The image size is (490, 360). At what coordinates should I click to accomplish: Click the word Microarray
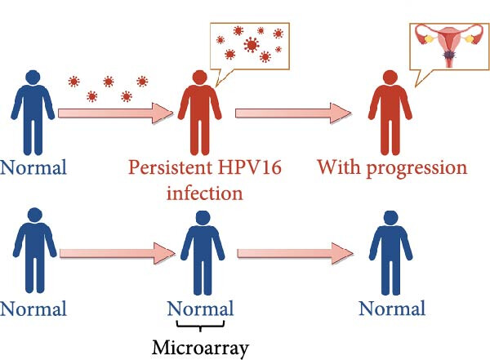(200, 348)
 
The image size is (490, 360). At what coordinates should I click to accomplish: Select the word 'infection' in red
(205, 193)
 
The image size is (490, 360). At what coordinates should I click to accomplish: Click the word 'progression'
(416, 168)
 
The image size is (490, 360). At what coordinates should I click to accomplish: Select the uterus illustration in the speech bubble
(448, 46)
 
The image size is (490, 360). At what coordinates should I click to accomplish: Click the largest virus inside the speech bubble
(252, 44)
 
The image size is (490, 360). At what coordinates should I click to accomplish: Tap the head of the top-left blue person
(33, 78)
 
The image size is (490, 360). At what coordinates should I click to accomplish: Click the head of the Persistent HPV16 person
(200, 78)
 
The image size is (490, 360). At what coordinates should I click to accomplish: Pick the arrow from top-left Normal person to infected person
(116, 113)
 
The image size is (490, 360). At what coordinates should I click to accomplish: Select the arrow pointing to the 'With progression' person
(293, 113)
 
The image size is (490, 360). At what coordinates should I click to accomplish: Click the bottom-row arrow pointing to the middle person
(118, 253)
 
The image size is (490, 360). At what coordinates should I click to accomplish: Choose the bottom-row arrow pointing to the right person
(296, 253)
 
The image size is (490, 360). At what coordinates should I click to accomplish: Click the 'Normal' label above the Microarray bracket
(200, 309)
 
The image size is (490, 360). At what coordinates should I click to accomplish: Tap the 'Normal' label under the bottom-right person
(392, 309)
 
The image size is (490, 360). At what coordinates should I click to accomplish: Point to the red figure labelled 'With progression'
(390, 113)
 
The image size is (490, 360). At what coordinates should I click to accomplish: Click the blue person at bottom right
(391, 253)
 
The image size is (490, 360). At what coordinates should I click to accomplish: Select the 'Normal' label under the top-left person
(33, 167)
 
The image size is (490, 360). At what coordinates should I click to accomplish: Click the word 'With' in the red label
(340, 167)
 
